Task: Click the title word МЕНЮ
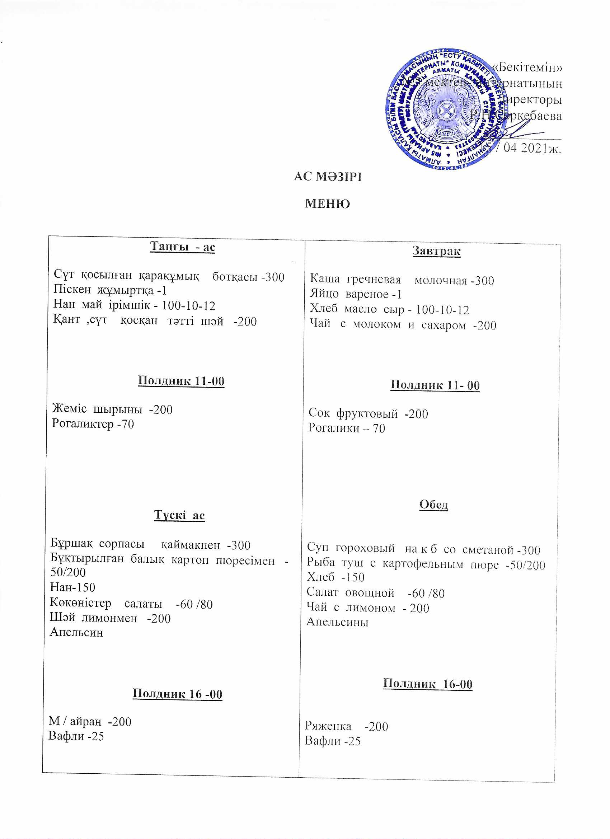(x=327, y=204)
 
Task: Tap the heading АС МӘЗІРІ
(x=328, y=177)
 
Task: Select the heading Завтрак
(x=436, y=251)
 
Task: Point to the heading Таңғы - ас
(x=182, y=247)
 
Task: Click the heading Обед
(x=433, y=505)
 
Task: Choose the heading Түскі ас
(x=179, y=515)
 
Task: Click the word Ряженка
(x=328, y=726)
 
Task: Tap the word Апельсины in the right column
(x=337, y=622)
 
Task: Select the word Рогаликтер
(x=83, y=423)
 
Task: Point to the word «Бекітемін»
(x=527, y=67)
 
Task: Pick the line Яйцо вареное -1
(x=356, y=295)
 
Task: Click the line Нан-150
(x=72, y=587)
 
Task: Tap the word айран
(x=85, y=721)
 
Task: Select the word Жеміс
(x=69, y=409)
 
